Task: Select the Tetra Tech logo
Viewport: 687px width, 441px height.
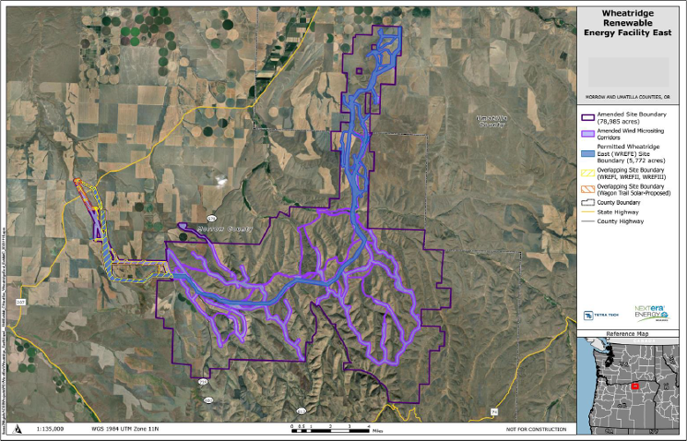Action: coord(594,313)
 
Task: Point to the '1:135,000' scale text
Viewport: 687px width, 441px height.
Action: coord(50,430)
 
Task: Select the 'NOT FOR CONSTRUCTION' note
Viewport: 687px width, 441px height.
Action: coord(535,430)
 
